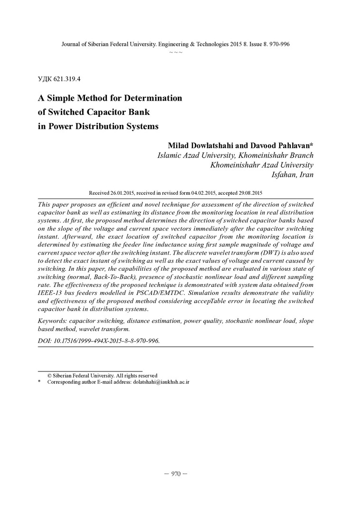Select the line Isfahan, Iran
pyautogui.click(x=292, y=175)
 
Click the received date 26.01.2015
pyautogui.click(x=123, y=193)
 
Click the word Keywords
pyautogui.click(x=52, y=321)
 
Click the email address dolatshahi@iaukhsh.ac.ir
pyautogui.click(x=161, y=382)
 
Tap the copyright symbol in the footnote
pyautogui.click(x=49, y=375)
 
